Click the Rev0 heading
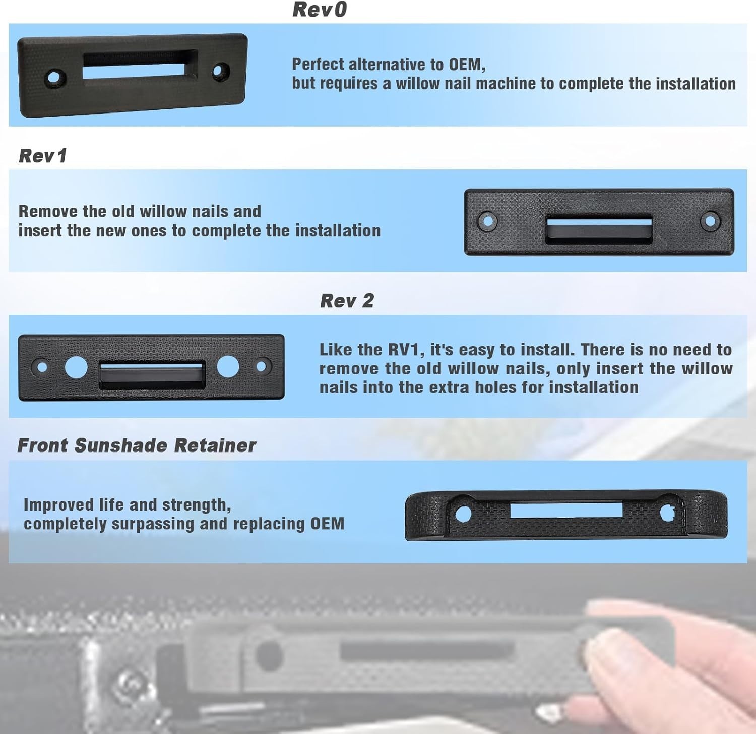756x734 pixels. click(320, 10)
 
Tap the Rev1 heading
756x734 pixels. click(43, 156)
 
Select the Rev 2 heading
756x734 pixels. click(347, 301)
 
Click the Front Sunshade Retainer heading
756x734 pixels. click(137, 445)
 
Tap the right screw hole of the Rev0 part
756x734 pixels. click(221, 71)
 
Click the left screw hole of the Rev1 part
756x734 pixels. click(487, 220)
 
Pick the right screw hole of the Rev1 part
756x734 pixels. click(710, 220)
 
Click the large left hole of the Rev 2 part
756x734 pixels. click(76, 367)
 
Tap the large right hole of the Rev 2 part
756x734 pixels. click(228, 366)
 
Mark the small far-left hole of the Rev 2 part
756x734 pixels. click(42, 367)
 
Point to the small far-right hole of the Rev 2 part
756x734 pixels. click(262, 366)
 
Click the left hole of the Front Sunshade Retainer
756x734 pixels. click(463, 514)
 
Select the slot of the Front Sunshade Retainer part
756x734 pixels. click(566, 510)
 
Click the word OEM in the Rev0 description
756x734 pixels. click(465, 64)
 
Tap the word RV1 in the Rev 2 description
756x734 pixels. click(406, 350)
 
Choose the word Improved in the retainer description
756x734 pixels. click(59, 505)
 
